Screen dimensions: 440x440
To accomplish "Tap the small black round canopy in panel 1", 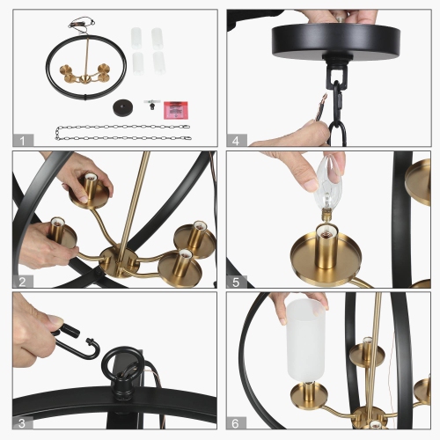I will [x=121, y=106].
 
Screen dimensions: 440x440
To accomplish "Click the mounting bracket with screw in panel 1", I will [x=151, y=106].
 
